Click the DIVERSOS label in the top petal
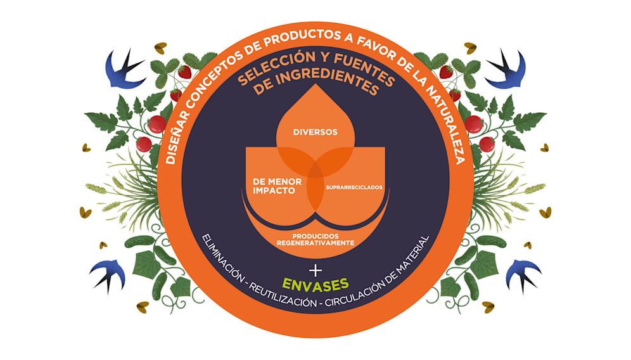click(315, 132)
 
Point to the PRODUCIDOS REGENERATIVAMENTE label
click(314, 239)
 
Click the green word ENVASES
click(315, 283)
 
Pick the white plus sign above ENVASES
click(315, 267)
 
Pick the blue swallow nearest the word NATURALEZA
click(506, 69)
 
